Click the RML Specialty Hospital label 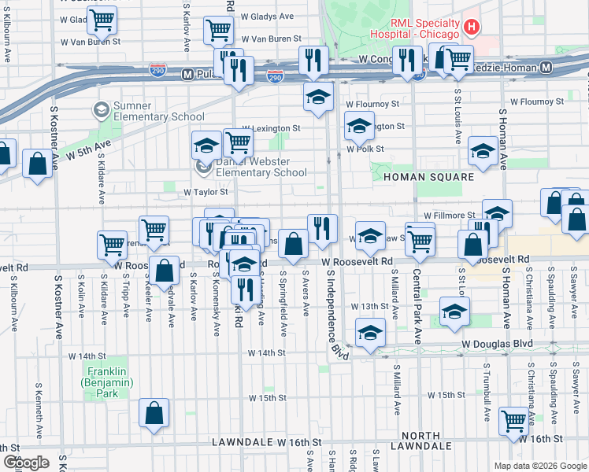[417, 28]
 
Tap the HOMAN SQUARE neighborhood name [429, 177]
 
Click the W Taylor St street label [206, 191]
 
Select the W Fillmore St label [449, 215]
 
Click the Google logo [26, 463]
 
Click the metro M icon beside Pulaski [187, 74]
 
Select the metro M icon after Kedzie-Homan [546, 68]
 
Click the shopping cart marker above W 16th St [513, 419]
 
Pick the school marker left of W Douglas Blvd [370, 331]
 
